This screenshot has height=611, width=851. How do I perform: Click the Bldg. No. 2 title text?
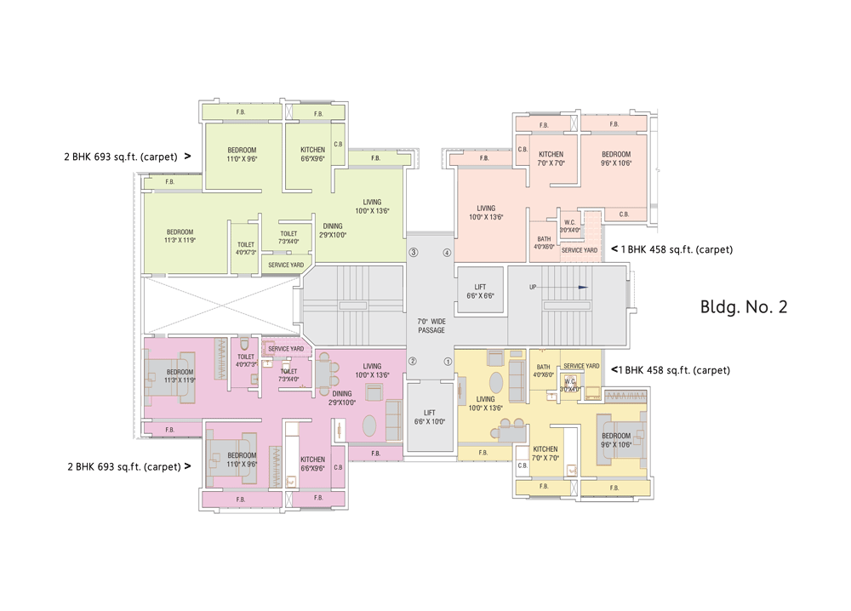[x=743, y=307]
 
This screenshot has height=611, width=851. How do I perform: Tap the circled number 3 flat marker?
[x=414, y=252]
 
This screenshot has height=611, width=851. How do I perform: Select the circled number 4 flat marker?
[x=447, y=252]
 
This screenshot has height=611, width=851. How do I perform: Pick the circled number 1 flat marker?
[x=447, y=361]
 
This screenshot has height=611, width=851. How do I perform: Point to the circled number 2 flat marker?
[x=414, y=361]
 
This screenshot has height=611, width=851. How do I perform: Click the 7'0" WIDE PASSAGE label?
[x=431, y=325]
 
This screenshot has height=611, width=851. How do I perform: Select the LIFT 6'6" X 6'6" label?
[x=480, y=292]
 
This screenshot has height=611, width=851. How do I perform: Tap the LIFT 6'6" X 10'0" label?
[x=430, y=417]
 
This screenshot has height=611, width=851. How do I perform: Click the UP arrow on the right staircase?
[x=582, y=287]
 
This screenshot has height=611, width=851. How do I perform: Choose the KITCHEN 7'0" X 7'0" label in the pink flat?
[x=551, y=158]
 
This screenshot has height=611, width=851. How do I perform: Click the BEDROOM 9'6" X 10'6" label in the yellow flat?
[x=615, y=440]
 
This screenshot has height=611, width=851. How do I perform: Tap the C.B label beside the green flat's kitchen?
[x=338, y=145]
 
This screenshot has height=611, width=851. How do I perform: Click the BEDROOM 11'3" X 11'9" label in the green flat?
[x=180, y=236]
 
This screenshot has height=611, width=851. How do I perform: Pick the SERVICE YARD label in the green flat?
[x=286, y=265]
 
